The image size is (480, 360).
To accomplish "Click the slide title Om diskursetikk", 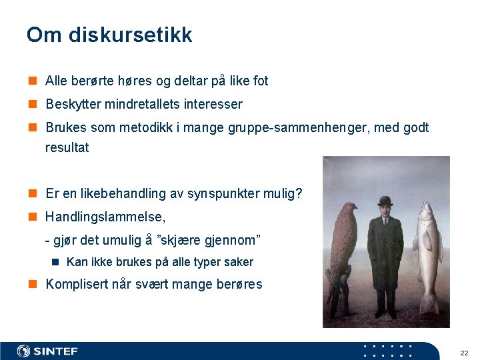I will [109, 35].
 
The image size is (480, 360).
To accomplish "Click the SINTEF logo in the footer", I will [47, 351].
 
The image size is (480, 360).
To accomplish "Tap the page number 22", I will [464, 352].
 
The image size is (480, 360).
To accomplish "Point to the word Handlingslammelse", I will [105, 217].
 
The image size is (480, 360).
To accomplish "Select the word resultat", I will [67, 147].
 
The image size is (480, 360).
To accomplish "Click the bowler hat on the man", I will [385, 201].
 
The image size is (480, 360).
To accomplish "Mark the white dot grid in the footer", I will [388, 351].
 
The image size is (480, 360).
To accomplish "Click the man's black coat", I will [385, 260].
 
